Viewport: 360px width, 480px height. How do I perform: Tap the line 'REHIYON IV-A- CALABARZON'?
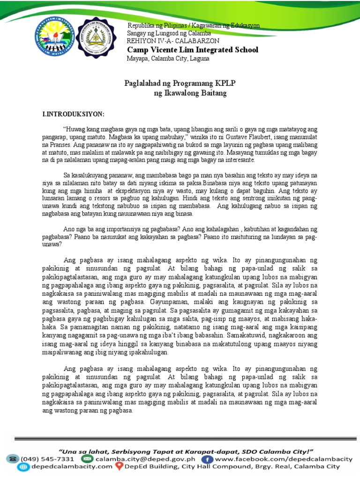[x=172, y=41]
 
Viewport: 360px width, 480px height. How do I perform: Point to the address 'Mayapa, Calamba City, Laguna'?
[x=168, y=59]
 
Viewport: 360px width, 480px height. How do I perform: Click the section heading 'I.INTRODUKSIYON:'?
[x=74, y=114]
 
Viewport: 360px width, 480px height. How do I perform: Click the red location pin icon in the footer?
[x=120, y=467]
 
